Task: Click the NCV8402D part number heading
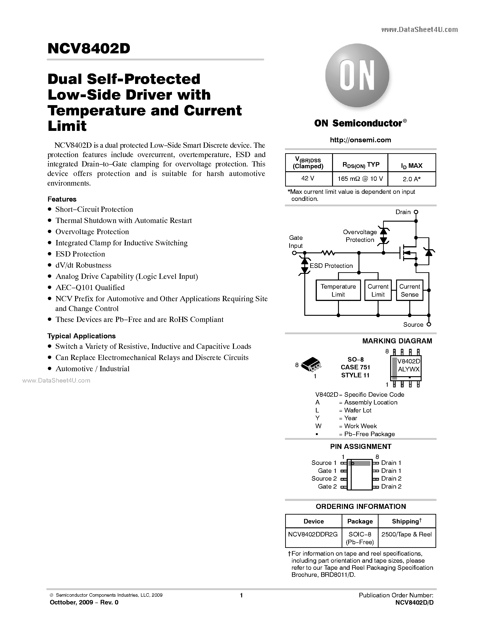tap(89, 49)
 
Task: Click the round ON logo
tap(357, 75)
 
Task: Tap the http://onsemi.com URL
tap(360, 140)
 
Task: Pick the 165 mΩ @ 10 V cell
tap(360, 179)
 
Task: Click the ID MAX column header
tap(412, 165)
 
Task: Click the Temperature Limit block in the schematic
tap(338, 290)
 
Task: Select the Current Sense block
tap(410, 290)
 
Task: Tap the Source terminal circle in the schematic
tap(429, 324)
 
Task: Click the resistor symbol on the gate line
tap(328, 253)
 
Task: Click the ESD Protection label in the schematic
tap(331, 266)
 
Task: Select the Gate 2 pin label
tap(327, 486)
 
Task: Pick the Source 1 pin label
tap(324, 463)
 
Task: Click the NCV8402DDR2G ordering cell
tap(313, 534)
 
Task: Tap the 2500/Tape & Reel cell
tap(406, 534)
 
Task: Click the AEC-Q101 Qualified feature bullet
tap(90, 288)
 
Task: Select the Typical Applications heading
tap(82, 336)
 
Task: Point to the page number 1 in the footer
tap(241, 595)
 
